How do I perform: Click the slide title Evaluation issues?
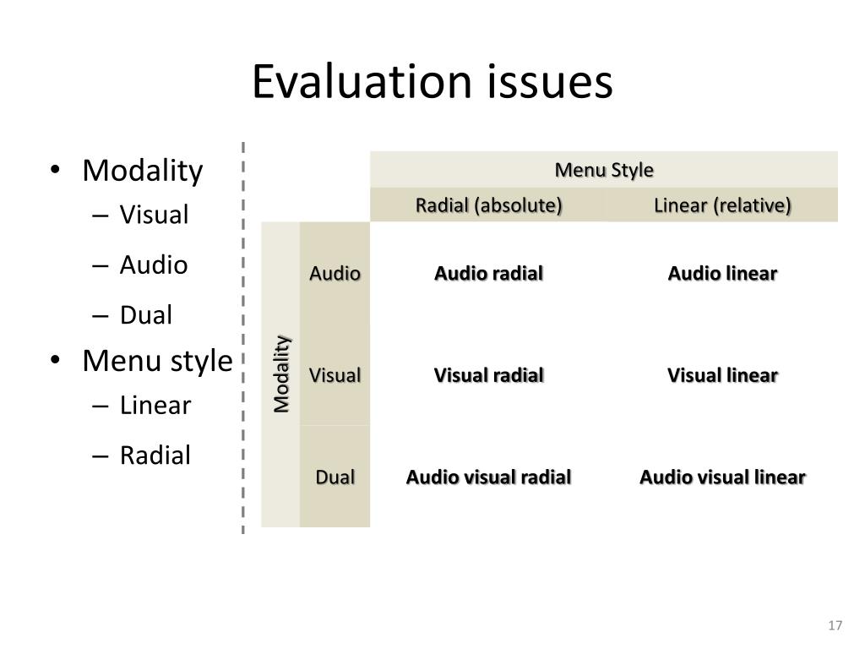(x=432, y=83)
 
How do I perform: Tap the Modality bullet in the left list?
(x=142, y=171)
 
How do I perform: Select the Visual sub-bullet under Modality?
(x=154, y=215)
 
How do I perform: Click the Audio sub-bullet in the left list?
(x=153, y=265)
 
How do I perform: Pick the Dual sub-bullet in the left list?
(x=145, y=315)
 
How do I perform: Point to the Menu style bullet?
(x=156, y=361)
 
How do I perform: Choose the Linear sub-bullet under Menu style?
(x=155, y=406)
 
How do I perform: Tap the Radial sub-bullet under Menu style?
(x=155, y=455)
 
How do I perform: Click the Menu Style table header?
(x=604, y=170)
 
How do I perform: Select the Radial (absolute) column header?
(x=488, y=205)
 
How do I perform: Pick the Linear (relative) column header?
(x=722, y=205)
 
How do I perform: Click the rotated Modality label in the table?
(x=281, y=374)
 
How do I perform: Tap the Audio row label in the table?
(x=335, y=273)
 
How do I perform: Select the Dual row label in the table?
(x=335, y=477)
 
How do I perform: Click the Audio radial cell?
(x=488, y=273)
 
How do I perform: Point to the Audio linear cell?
(x=722, y=273)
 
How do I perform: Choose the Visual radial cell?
(x=488, y=374)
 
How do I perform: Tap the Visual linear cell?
(x=722, y=374)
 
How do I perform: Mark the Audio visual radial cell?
(x=488, y=477)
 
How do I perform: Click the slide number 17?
(x=835, y=625)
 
